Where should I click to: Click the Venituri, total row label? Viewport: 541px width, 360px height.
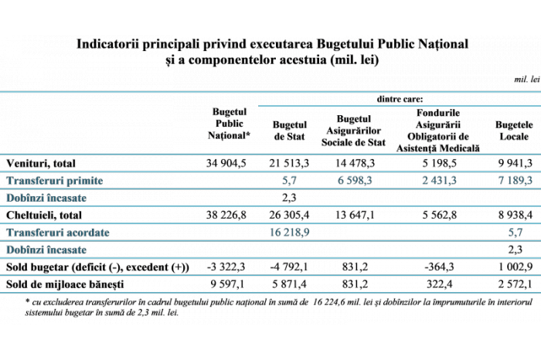point(41,164)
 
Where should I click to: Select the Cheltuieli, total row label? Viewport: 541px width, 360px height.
point(44,216)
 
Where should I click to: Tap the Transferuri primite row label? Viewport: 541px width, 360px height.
point(55,181)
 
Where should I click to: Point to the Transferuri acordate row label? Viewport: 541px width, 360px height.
point(58,233)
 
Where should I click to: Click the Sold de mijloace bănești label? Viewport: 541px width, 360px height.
point(65,284)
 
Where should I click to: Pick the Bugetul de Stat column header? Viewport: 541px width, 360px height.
point(290,131)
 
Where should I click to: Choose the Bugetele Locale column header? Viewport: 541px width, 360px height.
point(514,131)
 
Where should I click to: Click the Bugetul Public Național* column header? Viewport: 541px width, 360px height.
point(229,124)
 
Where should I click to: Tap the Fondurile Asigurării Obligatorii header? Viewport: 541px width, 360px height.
point(438,131)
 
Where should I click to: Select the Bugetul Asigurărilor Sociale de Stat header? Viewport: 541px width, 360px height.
point(353,131)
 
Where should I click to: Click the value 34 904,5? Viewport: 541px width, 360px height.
point(226,163)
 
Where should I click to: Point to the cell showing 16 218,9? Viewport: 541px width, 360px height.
point(289,233)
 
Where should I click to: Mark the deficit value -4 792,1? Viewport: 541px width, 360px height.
point(289,267)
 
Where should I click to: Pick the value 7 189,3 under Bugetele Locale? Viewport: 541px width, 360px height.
point(515,180)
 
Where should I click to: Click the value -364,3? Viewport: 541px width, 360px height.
point(439,267)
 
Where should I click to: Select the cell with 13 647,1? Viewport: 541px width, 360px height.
point(355,215)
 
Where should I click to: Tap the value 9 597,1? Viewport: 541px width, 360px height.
point(227,284)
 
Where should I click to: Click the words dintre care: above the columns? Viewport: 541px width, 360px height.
point(400,100)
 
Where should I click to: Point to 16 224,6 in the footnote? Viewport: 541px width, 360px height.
point(332,302)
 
